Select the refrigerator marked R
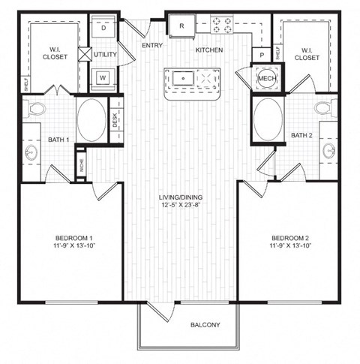[181, 26]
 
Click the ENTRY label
[151, 46]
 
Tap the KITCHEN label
[209, 50]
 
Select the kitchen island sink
[181, 77]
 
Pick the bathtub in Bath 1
[91, 120]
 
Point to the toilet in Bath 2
[325, 109]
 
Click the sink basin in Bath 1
[31, 152]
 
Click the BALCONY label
[204, 325]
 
